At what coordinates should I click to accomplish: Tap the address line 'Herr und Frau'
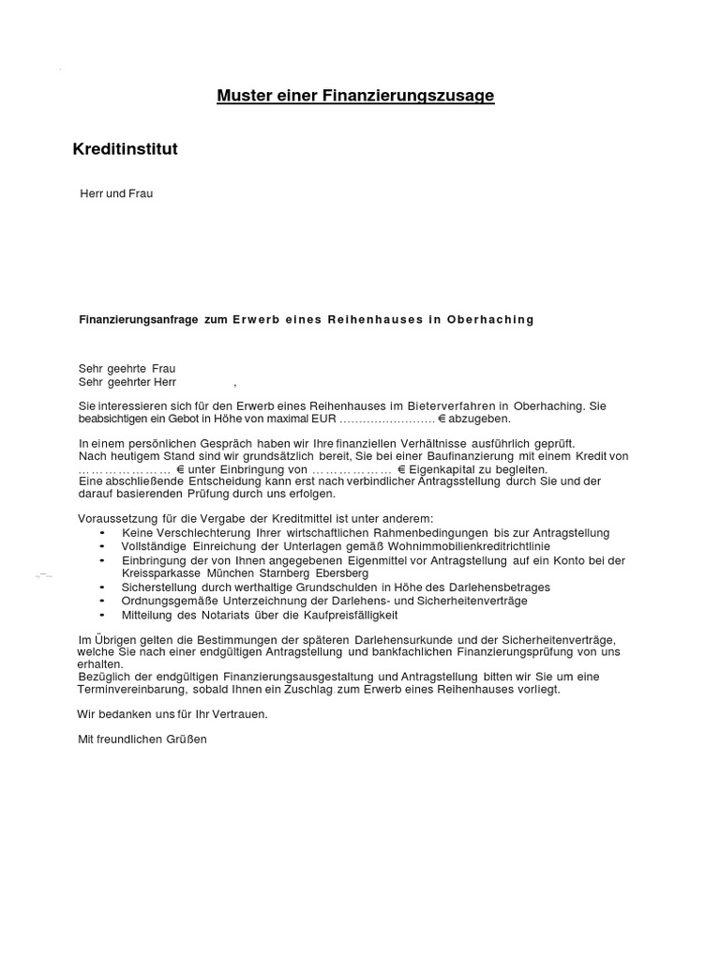tap(116, 193)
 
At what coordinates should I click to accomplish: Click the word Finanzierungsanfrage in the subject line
tap(138, 320)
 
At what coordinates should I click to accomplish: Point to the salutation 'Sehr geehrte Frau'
tap(127, 369)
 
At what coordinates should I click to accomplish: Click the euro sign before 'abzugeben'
tap(442, 419)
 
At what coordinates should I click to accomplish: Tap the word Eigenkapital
tap(443, 468)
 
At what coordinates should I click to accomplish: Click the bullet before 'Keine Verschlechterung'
tap(101, 533)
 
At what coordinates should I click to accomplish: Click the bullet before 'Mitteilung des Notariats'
tap(101, 615)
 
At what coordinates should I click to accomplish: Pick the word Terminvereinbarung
tap(131, 689)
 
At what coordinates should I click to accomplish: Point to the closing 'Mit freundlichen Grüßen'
tap(142, 740)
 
